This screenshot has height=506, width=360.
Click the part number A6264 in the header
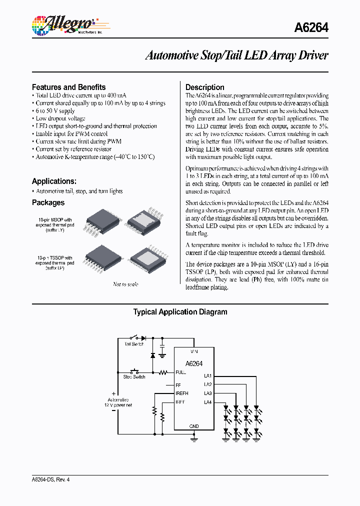point(310,28)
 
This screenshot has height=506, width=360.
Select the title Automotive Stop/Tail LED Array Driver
point(236,55)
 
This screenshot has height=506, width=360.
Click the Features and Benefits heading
point(68,87)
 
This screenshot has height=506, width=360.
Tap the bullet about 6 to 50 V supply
point(55,110)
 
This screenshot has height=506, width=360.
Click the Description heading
point(204,87)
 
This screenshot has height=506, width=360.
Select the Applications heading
point(54,181)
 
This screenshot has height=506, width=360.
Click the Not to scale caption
point(125,284)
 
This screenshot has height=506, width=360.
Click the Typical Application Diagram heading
point(180,312)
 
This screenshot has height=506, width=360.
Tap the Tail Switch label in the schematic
point(134,344)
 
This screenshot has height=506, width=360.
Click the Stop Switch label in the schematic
point(134,377)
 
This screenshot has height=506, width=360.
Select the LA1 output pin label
point(208,375)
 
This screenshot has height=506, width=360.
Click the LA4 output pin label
point(208,402)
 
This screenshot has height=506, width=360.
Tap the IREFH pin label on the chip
point(182,393)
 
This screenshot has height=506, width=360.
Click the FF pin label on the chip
point(178,385)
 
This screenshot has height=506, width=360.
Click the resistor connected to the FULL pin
point(163,372)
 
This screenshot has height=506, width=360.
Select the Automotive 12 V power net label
point(119,402)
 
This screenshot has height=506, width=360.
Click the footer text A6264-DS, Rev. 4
point(50,479)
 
